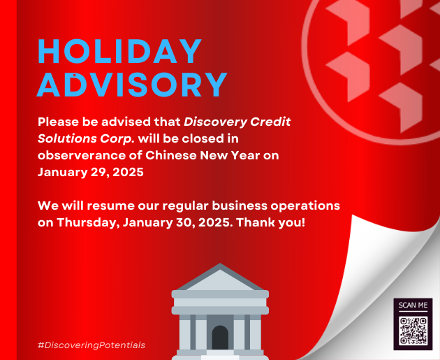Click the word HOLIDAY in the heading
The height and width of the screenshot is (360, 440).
[x=120, y=51]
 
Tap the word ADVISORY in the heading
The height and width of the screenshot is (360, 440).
[x=132, y=85]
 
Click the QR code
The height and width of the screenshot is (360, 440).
[x=413, y=331]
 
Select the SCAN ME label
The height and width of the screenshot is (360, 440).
[x=413, y=305]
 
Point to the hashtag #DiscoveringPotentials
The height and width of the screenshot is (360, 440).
[x=91, y=345]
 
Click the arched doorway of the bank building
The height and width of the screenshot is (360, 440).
[x=220, y=337]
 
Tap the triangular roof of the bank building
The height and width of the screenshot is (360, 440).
[x=220, y=278]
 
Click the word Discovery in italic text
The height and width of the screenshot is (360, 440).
[x=215, y=122]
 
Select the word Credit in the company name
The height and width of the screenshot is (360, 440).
[x=270, y=122]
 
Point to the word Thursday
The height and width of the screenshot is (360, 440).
[x=89, y=223]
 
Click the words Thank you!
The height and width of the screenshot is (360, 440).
[x=270, y=223]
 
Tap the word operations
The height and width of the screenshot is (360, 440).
[x=305, y=206]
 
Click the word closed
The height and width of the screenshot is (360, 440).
[x=203, y=138]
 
